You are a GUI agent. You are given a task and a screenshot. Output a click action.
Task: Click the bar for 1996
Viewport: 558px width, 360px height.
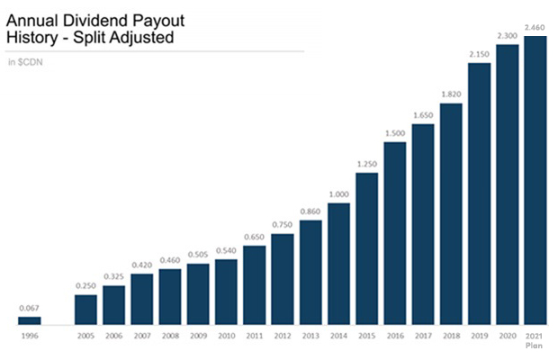click(x=30, y=319)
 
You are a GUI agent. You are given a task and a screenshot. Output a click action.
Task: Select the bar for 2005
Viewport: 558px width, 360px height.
click(x=85, y=309)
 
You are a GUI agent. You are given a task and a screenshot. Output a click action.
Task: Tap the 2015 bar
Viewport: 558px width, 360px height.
click(x=366, y=247)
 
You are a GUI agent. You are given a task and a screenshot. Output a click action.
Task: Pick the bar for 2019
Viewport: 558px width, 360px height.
click(x=479, y=193)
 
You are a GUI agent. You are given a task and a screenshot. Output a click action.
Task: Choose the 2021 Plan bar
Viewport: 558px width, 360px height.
click(x=535, y=180)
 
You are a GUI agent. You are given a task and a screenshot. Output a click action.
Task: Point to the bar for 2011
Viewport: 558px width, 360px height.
click(x=254, y=284)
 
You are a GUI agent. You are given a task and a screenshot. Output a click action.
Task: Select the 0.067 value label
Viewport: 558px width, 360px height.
click(x=30, y=309)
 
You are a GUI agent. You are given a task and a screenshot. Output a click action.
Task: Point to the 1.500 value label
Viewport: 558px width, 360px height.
click(x=395, y=133)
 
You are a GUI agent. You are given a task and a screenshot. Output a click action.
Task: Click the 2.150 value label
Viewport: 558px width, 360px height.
click(x=479, y=55)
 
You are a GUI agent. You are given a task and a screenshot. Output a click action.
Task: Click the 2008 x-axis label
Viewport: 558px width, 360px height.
click(x=170, y=335)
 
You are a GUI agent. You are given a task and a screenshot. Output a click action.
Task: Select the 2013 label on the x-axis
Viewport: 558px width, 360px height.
click(x=310, y=335)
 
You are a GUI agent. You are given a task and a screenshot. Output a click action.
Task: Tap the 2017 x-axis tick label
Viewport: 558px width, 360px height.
click(x=423, y=335)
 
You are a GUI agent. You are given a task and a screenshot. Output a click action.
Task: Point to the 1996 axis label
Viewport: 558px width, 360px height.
click(x=30, y=335)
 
